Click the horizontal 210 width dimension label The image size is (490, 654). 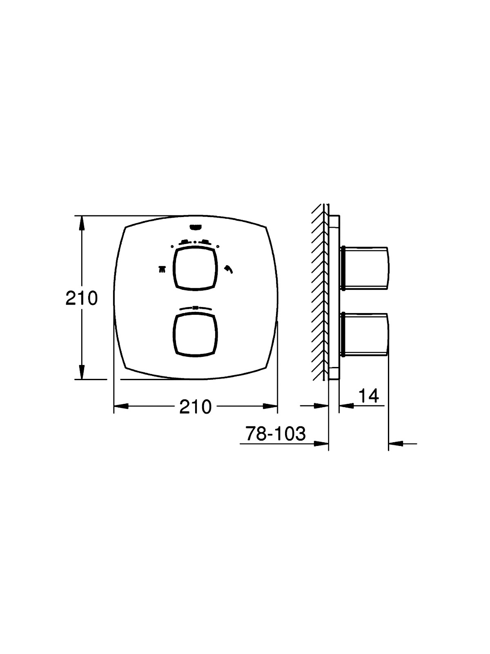[195, 407]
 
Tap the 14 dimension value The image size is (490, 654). [368, 396]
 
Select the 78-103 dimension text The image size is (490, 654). [276, 434]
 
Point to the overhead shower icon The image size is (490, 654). [162, 269]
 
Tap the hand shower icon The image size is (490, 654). [229, 269]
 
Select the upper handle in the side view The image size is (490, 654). [365, 269]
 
